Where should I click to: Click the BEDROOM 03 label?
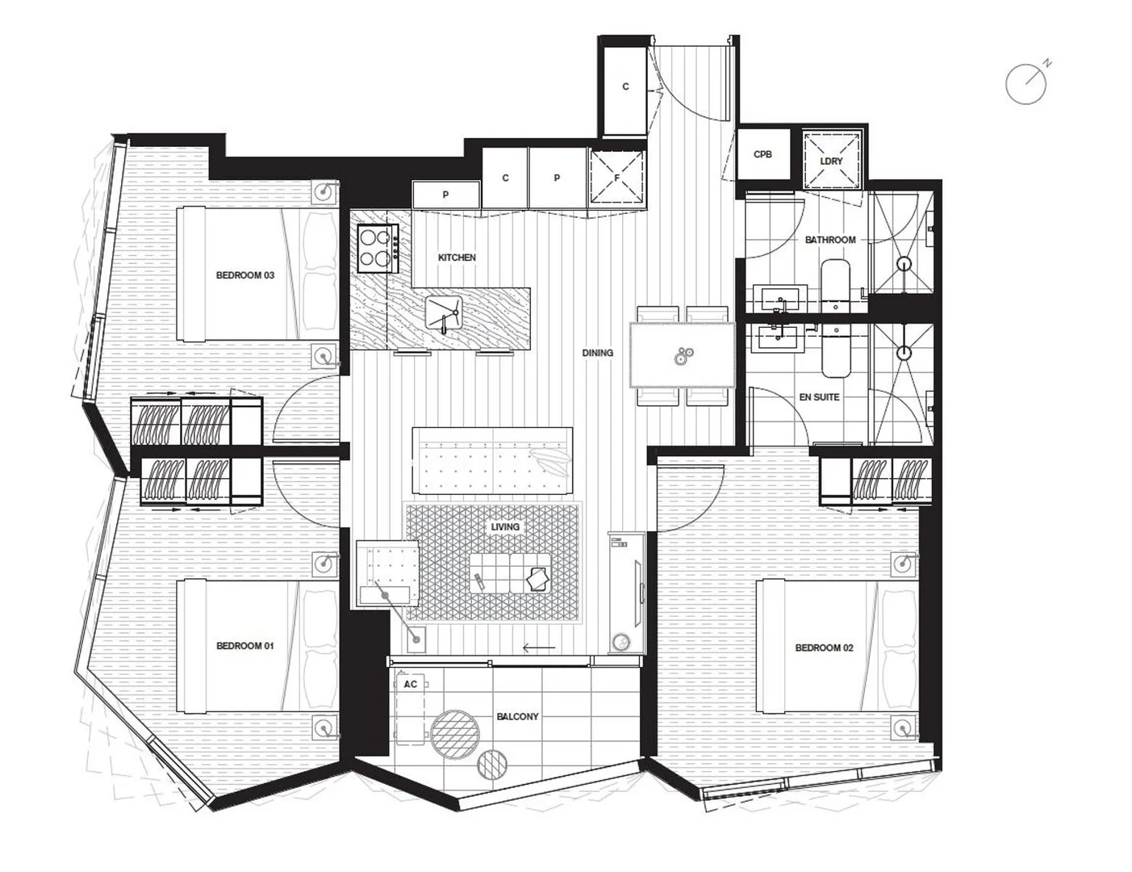pos(244,275)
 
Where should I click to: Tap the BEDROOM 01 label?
pos(244,646)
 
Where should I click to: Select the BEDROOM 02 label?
pos(824,648)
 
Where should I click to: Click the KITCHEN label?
pos(457,258)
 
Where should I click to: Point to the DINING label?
pos(598,353)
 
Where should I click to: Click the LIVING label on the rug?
pos(505,527)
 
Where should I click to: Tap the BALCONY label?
pos(517,716)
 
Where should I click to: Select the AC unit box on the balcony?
pos(411,685)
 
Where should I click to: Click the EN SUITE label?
pos(819,397)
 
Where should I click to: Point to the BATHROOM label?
pos(829,240)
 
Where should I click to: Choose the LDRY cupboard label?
pos(831,161)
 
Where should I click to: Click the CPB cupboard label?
pos(762,154)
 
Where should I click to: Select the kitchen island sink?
pos(443,310)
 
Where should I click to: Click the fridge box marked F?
pos(617,178)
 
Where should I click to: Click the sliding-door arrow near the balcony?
pos(539,648)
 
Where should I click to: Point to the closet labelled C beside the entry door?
pos(625,87)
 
